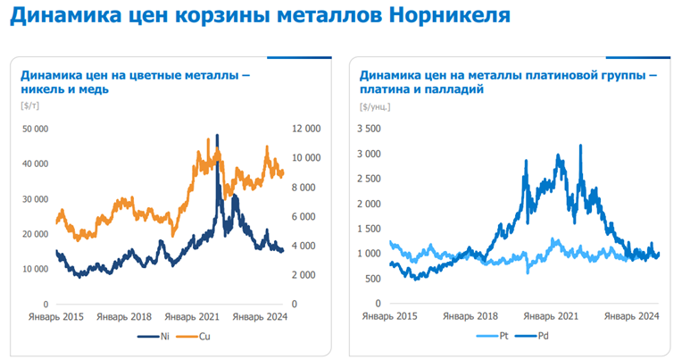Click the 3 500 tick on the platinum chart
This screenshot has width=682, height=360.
coord(369,129)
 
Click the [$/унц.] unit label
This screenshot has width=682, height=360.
coord(375,106)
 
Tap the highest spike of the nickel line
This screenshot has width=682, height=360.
coord(217,137)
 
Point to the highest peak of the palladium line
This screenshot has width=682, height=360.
coord(581,146)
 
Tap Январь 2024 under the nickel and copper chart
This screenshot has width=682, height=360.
coord(260,316)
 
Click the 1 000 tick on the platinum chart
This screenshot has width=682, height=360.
coord(369,254)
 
